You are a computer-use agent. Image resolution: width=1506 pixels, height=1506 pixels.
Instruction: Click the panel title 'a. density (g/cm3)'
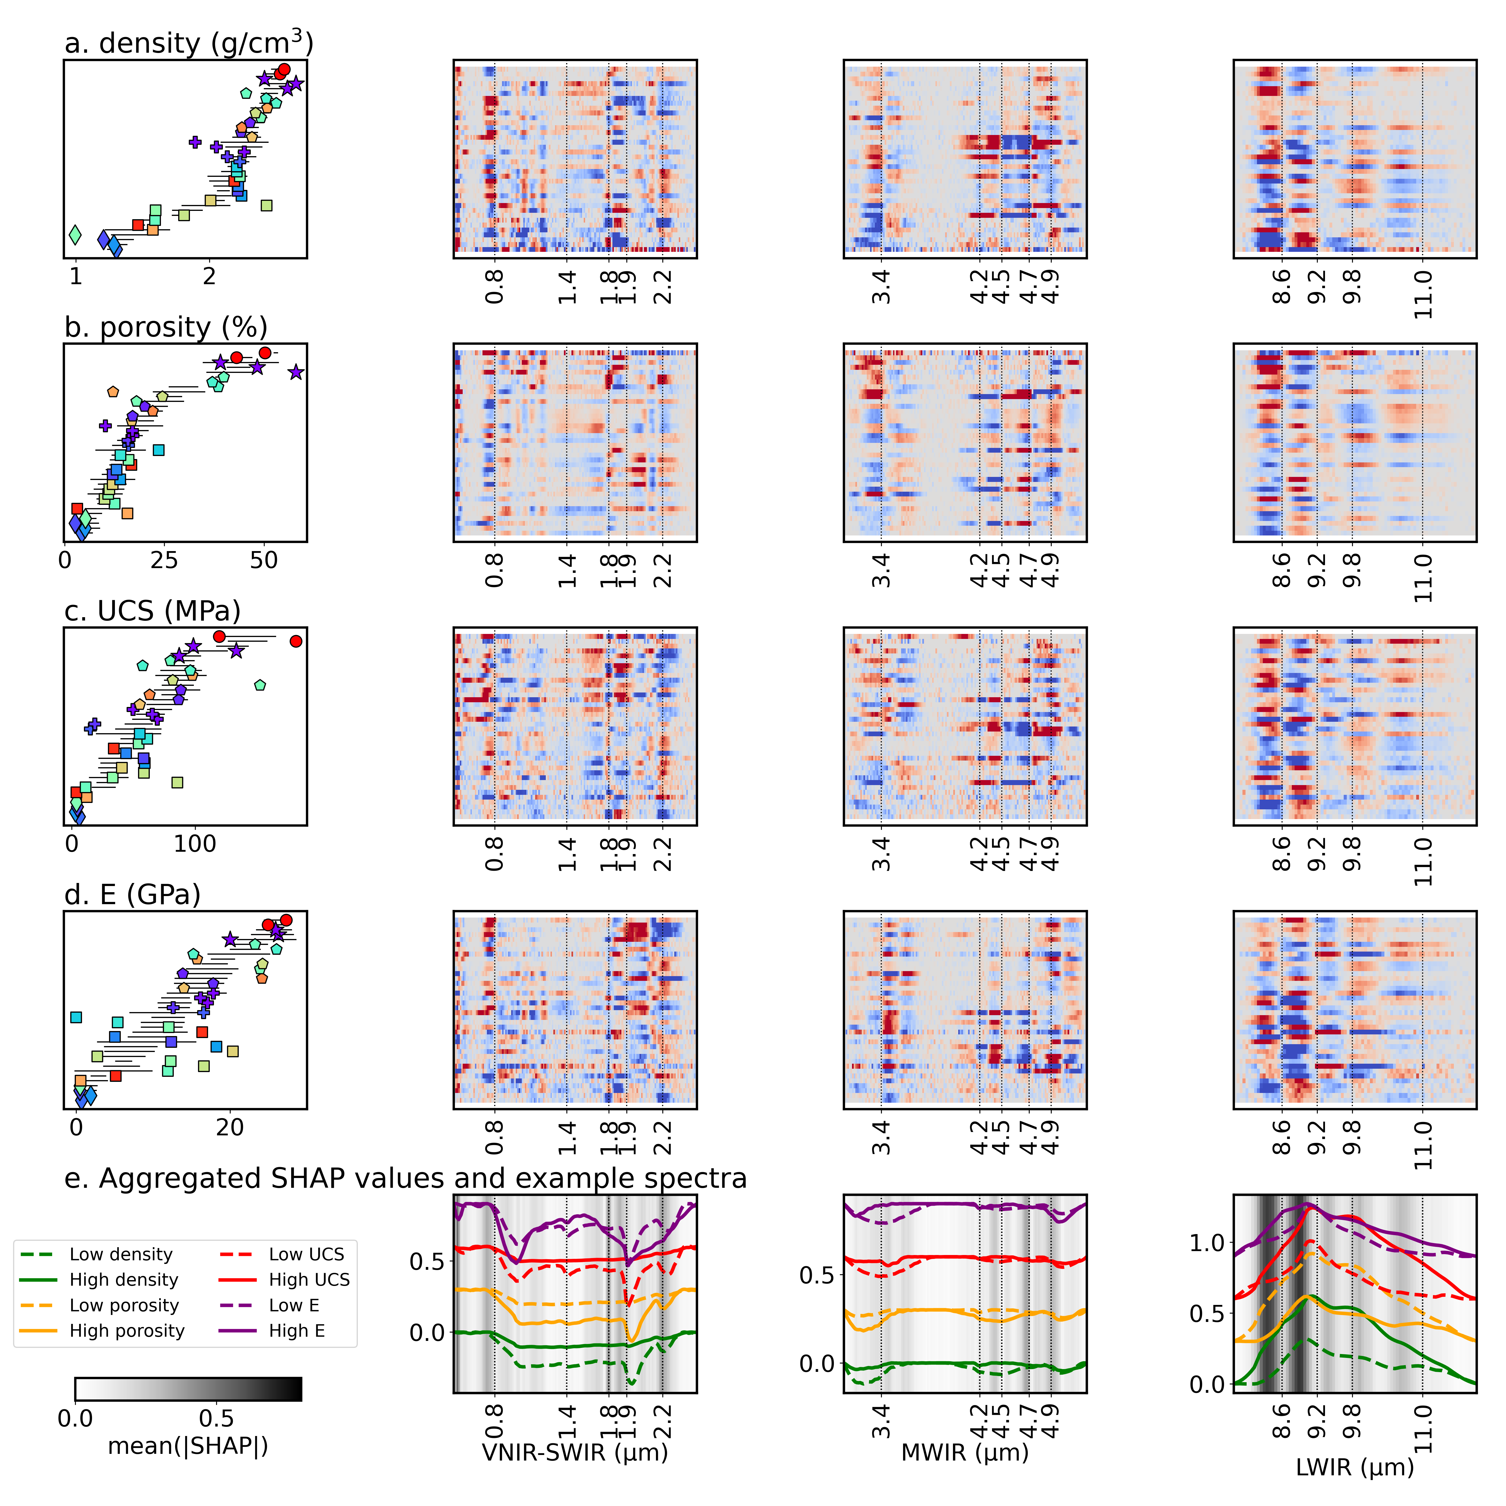click(189, 44)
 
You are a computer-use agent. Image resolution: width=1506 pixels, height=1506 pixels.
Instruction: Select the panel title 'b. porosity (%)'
click(166, 327)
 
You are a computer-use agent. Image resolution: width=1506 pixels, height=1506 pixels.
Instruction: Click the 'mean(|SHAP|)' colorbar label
click(188, 1446)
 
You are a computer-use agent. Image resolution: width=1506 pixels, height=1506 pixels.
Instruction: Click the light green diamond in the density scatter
click(75, 234)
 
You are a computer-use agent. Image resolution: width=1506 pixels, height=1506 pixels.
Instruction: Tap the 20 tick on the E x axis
click(230, 1127)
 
